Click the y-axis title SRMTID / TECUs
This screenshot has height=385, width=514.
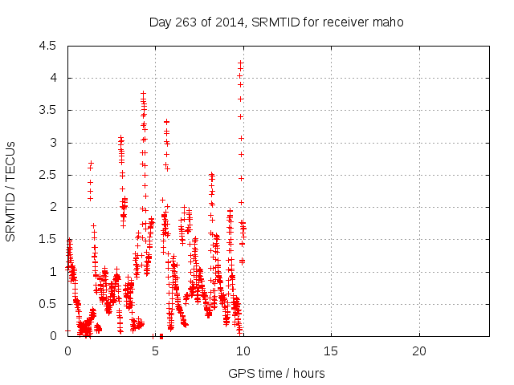10,191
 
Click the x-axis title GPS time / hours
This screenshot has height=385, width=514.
276,373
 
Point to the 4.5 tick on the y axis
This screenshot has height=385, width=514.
48,46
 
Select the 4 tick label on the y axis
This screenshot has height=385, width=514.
52,78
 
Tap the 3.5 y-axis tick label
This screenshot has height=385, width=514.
48,110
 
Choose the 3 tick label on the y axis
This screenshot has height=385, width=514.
52,143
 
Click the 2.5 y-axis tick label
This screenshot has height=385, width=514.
48,175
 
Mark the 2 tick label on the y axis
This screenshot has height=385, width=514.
52,207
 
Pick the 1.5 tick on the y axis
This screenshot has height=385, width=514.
48,239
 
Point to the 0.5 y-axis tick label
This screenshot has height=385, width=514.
48,304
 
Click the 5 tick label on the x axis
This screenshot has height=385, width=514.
156,351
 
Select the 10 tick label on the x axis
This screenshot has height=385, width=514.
243,351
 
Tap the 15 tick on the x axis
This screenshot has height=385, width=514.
331,351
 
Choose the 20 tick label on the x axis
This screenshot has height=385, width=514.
418,351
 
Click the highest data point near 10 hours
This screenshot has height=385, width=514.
240,63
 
